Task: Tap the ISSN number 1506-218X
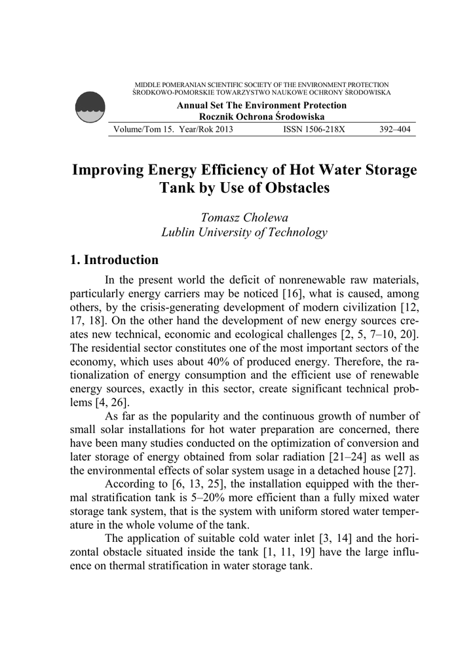(x=314, y=129)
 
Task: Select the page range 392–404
(x=395, y=129)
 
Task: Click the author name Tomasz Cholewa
(x=243, y=217)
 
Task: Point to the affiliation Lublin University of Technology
(x=244, y=232)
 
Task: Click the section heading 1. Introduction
(x=114, y=260)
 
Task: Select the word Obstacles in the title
(x=289, y=188)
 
